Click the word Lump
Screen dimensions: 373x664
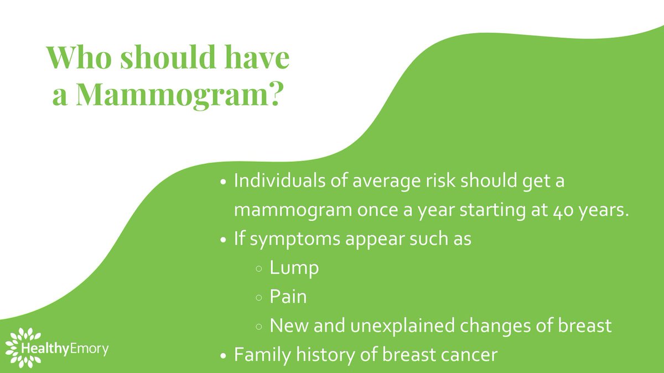[x=294, y=268]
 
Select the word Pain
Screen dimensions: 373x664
[x=288, y=297]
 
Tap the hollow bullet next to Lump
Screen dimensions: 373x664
[x=260, y=270]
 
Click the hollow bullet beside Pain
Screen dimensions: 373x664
[x=260, y=298]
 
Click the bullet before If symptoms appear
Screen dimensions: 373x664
[x=223, y=241]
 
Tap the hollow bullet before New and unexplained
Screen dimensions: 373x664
[x=260, y=327]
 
